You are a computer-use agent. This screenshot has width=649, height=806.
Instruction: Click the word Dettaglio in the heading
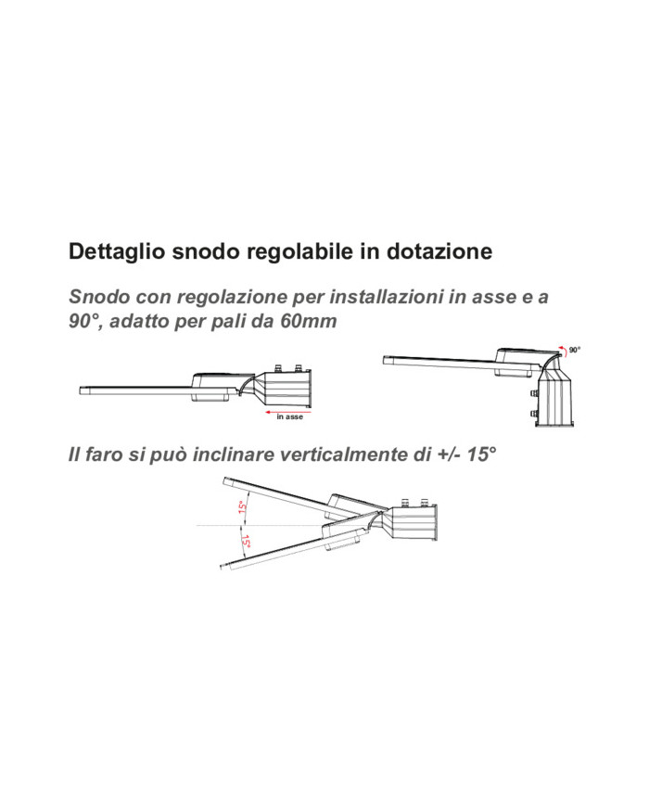click(x=117, y=252)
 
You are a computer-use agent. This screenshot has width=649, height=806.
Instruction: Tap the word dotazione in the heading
click(x=439, y=251)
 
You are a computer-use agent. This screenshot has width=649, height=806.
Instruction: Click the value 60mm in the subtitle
click(x=309, y=321)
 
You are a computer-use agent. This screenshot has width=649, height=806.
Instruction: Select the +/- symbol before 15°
click(x=449, y=454)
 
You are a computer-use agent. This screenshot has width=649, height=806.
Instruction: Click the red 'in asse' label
click(x=290, y=416)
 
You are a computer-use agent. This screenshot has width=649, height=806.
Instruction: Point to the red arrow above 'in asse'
click(x=287, y=412)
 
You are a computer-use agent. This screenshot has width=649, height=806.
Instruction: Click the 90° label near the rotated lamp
click(x=574, y=350)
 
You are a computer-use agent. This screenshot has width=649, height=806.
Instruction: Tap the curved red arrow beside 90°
click(x=564, y=352)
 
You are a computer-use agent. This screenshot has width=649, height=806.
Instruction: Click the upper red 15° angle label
click(x=243, y=506)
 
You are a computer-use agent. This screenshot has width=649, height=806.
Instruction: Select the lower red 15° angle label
click(x=246, y=542)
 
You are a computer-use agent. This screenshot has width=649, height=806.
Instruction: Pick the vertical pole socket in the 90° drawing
click(x=554, y=396)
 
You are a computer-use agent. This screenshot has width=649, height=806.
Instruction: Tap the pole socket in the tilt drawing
click(x=414, y=522)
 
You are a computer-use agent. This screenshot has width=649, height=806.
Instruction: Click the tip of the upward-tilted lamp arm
click(x=224, y=481)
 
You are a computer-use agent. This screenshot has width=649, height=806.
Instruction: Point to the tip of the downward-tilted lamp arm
click(x=222, y=567)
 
